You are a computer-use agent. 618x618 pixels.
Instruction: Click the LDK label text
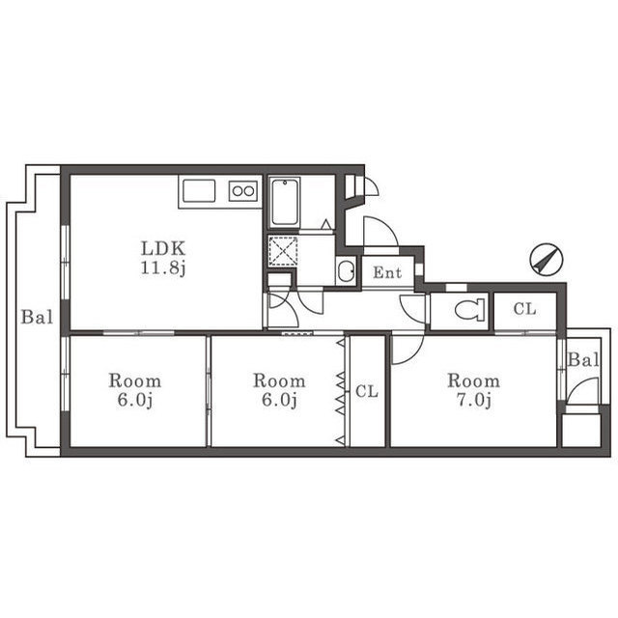163,249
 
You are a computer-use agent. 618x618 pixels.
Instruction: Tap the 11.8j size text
163,268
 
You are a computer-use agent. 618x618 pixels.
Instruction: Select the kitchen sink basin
199,191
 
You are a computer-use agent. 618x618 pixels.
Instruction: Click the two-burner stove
243,191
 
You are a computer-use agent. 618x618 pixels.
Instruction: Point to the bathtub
285,202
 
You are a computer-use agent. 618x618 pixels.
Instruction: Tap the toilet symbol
469,310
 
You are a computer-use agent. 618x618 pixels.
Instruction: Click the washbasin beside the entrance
347,271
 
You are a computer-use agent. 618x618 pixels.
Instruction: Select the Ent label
387,272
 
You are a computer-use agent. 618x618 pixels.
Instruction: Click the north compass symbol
547,259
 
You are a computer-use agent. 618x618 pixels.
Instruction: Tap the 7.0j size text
474,401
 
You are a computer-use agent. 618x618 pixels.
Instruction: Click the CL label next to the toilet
524,309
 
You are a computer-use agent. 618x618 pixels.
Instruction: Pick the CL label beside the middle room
367,391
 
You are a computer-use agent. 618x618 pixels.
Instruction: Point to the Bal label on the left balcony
37,317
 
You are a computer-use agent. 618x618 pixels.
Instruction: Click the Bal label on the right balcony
583,360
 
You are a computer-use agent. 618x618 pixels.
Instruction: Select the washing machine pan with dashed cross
283,251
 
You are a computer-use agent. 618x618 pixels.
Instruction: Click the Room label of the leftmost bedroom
135,381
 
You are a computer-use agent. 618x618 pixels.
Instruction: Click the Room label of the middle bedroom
279,381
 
